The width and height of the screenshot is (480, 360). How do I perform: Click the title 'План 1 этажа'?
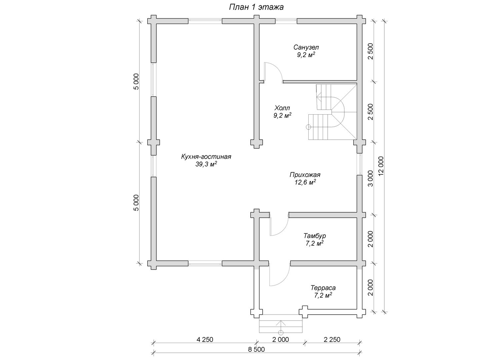click(256, 7)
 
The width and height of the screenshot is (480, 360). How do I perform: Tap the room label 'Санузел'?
click(306, 47)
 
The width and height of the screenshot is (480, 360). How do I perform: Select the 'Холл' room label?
click(282, 108)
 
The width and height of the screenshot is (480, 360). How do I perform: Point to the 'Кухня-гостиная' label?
click(206, 157)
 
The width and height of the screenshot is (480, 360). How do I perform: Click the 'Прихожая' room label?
click(305, 175)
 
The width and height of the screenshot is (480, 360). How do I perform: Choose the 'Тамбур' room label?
click(315, 236)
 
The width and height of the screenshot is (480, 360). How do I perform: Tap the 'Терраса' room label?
click(323, 288)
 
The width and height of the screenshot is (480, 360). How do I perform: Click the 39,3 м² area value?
click(206, 164)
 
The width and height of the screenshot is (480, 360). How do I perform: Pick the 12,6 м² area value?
click(305, 182)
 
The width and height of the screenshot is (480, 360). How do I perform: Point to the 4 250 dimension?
click(205, 340)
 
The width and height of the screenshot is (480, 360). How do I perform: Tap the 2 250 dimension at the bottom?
click(332, 340)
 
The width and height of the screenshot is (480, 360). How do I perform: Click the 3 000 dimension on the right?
click(370, 179)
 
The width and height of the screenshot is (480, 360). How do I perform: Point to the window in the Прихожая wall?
click(360, 164)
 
